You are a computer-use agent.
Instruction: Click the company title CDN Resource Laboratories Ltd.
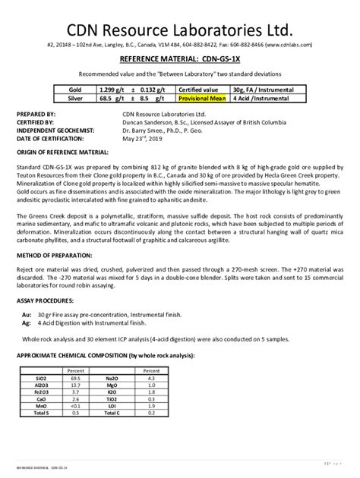(179, 31)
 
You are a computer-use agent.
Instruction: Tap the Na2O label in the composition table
(112, 377)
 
